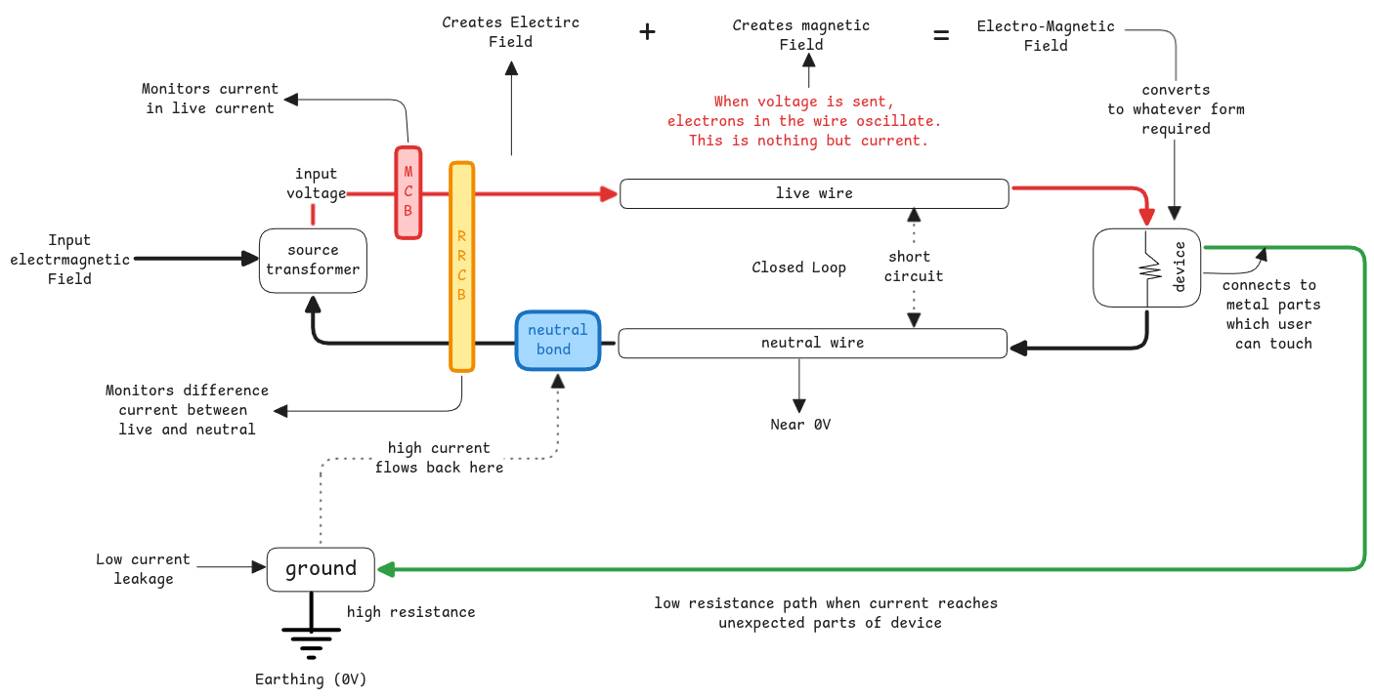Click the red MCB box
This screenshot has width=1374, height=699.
(x=408, y=192)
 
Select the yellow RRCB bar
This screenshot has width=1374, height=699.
(x=461, y=267)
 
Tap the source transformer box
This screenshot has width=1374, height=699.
(x=313, y=260)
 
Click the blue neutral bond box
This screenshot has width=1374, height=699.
(x=558, y=340)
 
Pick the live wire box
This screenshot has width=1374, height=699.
(x=814, y=193)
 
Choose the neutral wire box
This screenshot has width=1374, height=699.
(x=812, y=343)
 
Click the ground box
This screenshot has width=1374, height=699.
(x=321, y=569)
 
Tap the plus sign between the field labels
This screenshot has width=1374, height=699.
(x=647, y=32)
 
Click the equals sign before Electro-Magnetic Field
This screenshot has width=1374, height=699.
(x=940, y=36)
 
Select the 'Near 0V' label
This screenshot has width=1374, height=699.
(x=799, y=425)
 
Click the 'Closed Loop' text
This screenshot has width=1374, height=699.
(x=798, y=267)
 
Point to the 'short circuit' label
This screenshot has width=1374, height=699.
(x=914, y=267)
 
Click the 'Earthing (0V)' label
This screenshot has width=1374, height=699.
(x=311, y=679)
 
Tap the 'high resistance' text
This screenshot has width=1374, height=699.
(x=410, y=612)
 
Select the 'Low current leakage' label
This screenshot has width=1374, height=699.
(x=143, y=569)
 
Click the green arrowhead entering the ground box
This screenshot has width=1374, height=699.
(x=386, y=569)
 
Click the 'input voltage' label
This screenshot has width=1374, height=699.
(x=316, y=184)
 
